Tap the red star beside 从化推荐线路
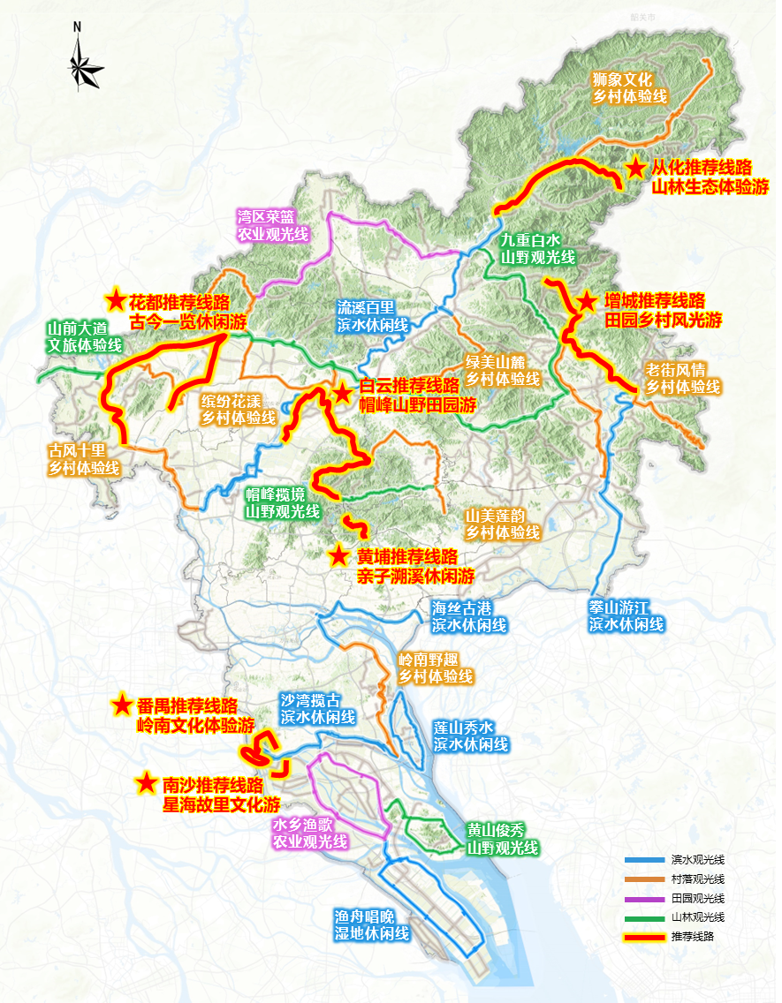tap(635, 168)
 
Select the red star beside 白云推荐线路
tap(342, 392)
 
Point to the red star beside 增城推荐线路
tap(586, 301)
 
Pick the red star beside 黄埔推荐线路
tap(338, 556)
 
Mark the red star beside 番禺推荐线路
tap(122, 705)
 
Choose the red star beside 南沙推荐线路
tap(147, 783)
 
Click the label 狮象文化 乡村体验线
tap(629, 87)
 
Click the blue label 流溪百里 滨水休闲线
tap(372, 316)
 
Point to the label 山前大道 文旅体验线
tap(83, 337)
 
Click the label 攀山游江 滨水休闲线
tap(626, 615)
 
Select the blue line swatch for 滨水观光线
tap(644, 860)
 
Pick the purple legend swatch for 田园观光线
tap(644, 898)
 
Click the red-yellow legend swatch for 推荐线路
tap(644, 936)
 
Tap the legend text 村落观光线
tap(697, 879)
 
